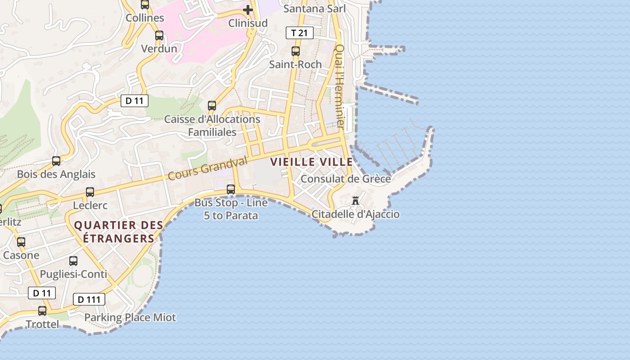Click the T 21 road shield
click(x=299, y=33)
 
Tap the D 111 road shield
click(x=89, y=299)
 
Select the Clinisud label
click(x=248, y=23)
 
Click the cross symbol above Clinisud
click(x=248, y=9)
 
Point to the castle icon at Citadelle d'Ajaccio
click(x=355, y=200)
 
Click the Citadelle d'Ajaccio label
click(x=355, y=214)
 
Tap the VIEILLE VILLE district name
click(x=311, y=162)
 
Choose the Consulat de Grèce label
click(x=346, y=179)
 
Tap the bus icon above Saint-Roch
click(x=296, y=51)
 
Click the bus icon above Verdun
click(x=159, y=36)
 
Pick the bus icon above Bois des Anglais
click(x=56, y=161)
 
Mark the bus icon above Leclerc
click(x=90, y=192)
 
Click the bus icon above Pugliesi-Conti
click(x=73, y=261)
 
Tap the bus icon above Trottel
click(x=42, y=311)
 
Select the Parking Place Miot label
click(x=130, y=318)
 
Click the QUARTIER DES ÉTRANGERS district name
click(x=118, y=232)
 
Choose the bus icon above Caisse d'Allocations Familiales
click(x=212, y=106)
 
